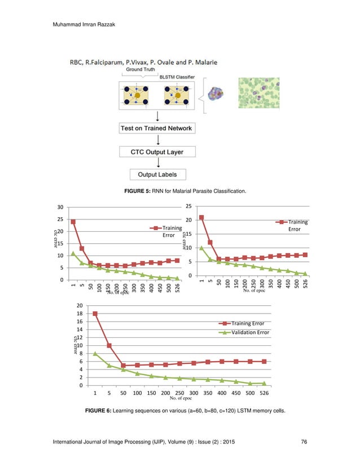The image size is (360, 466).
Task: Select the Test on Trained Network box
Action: click(156, 128)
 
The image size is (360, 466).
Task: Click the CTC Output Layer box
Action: click(156, 152)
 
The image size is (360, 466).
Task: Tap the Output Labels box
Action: click(156, 175)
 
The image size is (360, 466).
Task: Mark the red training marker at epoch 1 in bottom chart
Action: click(95, 313)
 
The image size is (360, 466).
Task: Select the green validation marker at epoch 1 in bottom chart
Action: click(95, 354)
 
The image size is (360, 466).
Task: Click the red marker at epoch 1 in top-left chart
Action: click(73, 222)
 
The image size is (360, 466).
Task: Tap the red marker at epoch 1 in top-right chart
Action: click(202, 218)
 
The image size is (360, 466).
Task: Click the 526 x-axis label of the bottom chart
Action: click(265, 393)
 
